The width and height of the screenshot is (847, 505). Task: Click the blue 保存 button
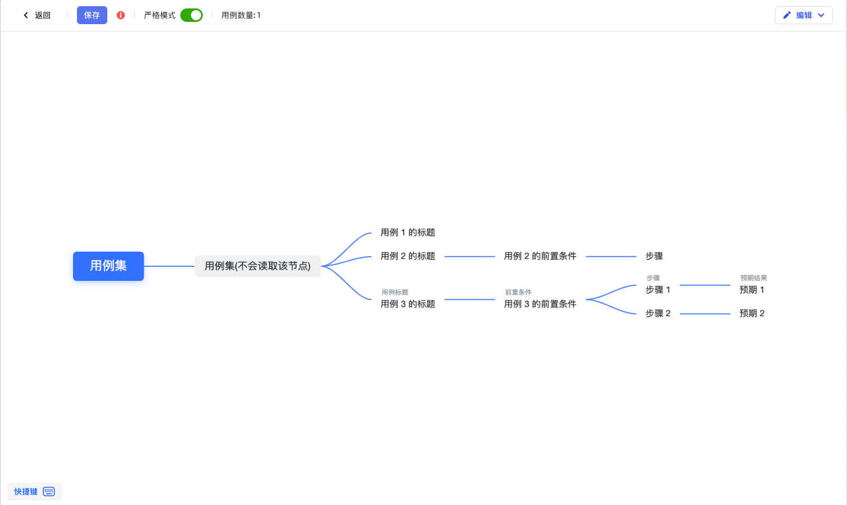point(92,15)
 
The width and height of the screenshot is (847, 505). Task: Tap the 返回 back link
point(37,15)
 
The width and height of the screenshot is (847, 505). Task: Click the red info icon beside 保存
point(121,15)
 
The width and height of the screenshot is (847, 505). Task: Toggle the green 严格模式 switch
point(192,15)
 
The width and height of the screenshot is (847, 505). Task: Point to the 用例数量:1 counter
point(241,15)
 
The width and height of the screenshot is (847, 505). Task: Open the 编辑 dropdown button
point(804,15)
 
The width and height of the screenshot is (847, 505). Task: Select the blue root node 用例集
point(108,266)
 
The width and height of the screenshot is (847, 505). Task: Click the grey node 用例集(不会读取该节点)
point(257,266)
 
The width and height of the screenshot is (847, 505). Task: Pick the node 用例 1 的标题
point(408,232)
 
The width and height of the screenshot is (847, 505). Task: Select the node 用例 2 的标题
point(408,256)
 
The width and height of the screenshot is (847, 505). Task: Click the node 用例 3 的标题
point(408,304)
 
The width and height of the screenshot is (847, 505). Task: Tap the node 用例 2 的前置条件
point(540,256)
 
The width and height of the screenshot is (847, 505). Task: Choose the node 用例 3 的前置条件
point(540,304)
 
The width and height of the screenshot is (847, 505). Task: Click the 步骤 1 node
point(658,290)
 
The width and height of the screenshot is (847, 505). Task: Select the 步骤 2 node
point(658,313)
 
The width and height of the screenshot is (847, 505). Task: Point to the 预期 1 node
point(752,290)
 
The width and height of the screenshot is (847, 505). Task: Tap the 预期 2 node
point(752,313)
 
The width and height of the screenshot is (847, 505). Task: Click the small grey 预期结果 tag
point(753,278)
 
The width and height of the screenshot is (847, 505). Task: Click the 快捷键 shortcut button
point(34,492)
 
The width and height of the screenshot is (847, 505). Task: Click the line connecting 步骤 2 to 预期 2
point(705,313)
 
